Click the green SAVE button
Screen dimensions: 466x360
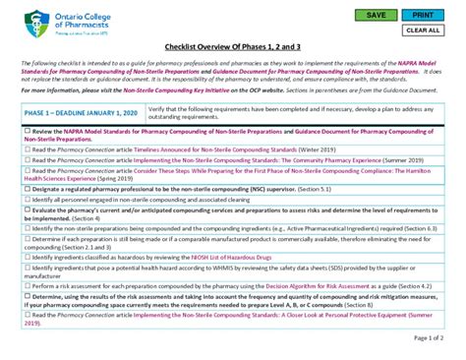click(x=375, y=16)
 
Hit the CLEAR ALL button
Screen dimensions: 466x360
click(x=423, y=30)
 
